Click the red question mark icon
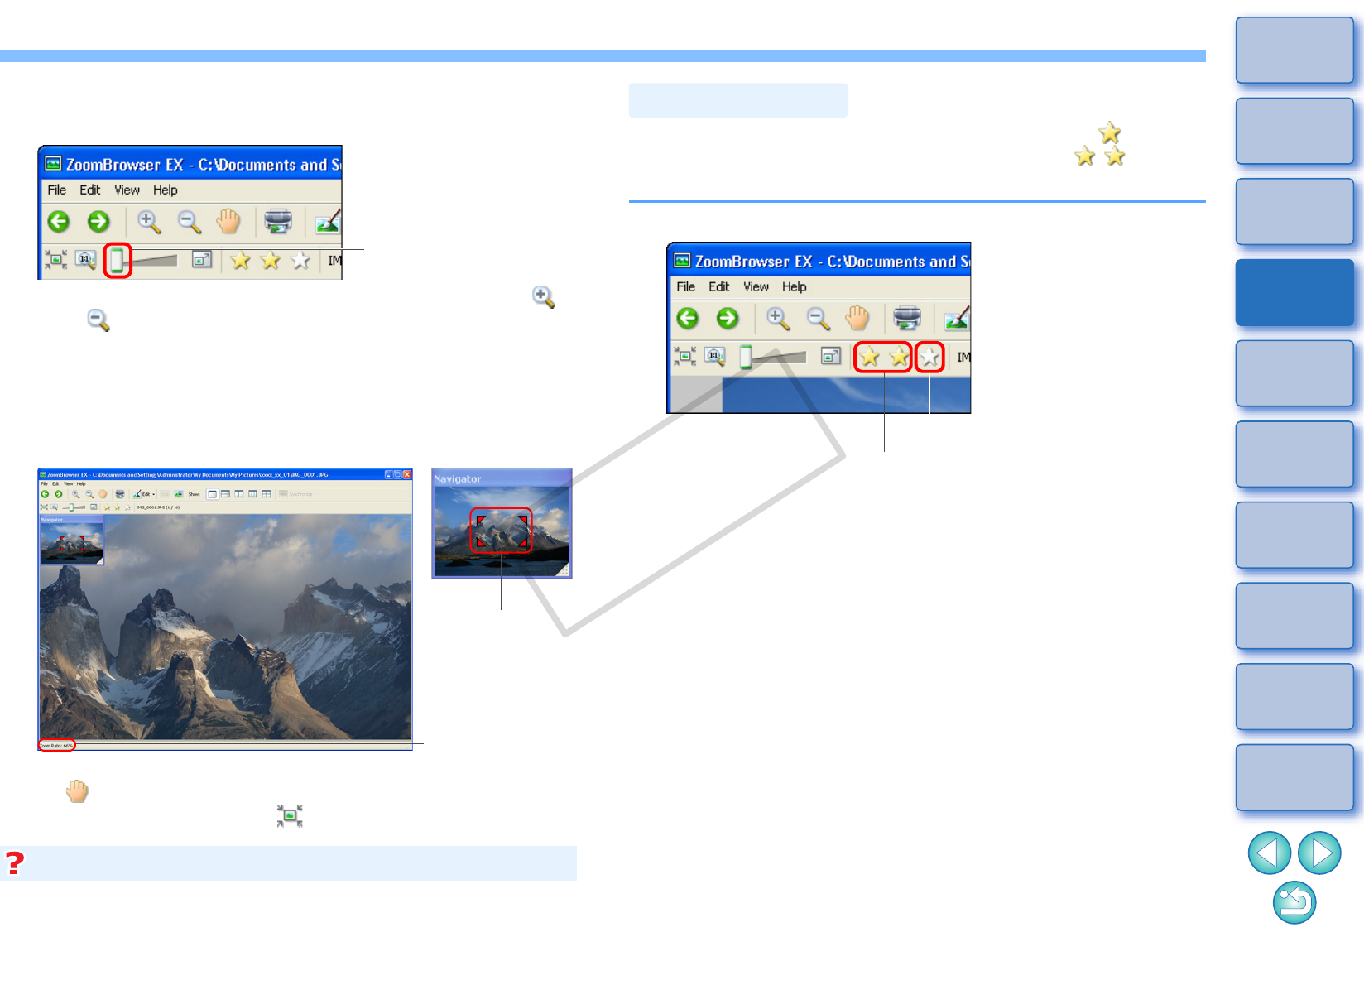point(15,863)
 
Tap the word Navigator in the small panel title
point(457,479)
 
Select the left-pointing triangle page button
point(1269,853)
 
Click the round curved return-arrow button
point(1294,902)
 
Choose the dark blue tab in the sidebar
point(1294,293)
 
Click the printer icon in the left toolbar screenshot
point(278,221)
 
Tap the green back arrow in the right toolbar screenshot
point(688,319)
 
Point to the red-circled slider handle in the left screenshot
point(118,261)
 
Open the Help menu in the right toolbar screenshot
point(794,287)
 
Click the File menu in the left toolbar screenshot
point(56,190)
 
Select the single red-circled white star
point(929,358)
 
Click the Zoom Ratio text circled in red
point(56,746)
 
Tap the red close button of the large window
point(407,474)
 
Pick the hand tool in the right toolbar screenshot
point(857,319)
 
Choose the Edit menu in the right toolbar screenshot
point(718,287)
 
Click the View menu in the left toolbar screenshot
point(127,190)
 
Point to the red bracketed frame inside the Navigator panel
point(501,531)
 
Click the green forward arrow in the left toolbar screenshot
point(98,222)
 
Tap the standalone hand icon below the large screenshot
point(77,792)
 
